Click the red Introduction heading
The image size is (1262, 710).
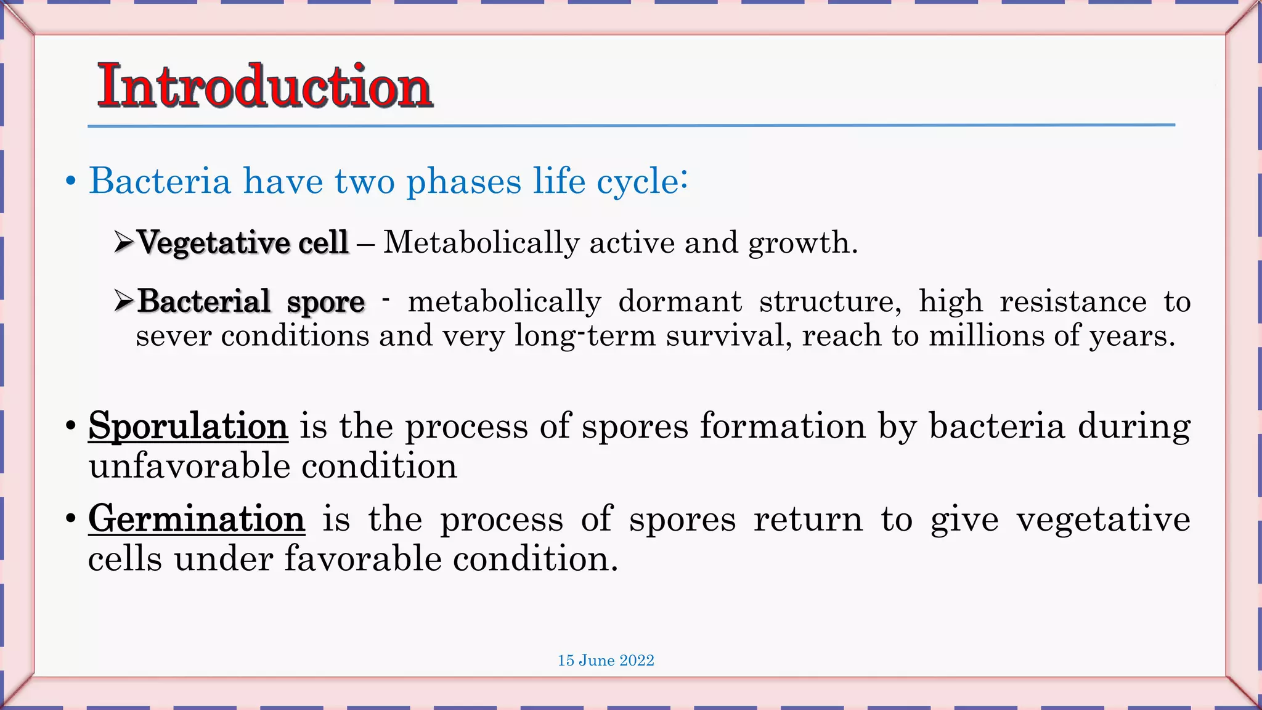click(265, 86)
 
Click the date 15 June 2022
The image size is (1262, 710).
click(606, 661)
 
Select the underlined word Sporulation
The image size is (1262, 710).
click(188, 426)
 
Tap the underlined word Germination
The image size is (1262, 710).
click(196, 519)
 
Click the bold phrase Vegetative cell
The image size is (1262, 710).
click(243, 242)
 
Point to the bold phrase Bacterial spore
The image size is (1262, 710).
click(251, 301)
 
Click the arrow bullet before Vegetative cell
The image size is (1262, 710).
click(123, 242)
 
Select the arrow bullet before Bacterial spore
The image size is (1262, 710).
click(123, 301)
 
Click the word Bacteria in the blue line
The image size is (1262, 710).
click(160, 181)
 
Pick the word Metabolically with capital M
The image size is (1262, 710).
click(481, 242)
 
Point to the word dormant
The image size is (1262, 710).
click(680, 301)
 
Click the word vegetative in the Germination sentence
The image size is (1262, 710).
click(1103, 520)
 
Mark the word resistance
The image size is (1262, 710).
click(1073, 301)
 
